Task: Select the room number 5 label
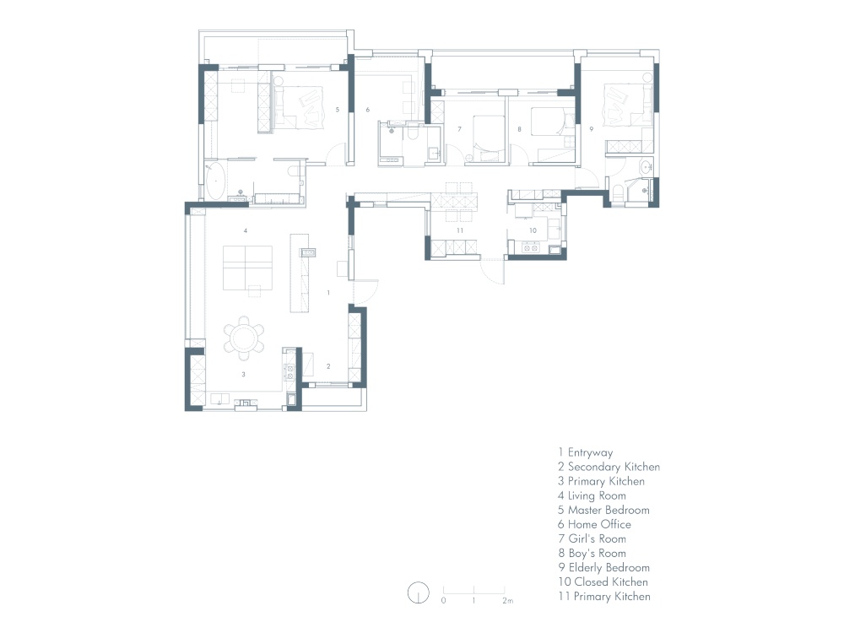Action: [x=338, y=109]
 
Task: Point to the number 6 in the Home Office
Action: [x=368, y=109]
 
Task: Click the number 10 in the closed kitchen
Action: [x=533, y=230]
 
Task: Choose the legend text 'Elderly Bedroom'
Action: [x=604, y=567]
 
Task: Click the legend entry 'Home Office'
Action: [x=594, y=524]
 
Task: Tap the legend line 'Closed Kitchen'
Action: [x=603, y=582]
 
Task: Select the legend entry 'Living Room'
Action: [x=592, y=495]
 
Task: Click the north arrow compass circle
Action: [x=419, y=593]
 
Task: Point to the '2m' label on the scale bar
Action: [x=507, y=600]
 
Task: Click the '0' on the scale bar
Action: [x=444, y=600]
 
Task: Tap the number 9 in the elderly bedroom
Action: [x=591, y=129]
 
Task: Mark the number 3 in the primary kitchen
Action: [x=243, y=374]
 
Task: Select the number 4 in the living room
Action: [x=246, y=230]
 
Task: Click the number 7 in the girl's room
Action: [x=459, y=129]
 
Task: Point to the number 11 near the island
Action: [x=460, y=230]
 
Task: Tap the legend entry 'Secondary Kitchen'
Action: [x=609, y=468]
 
